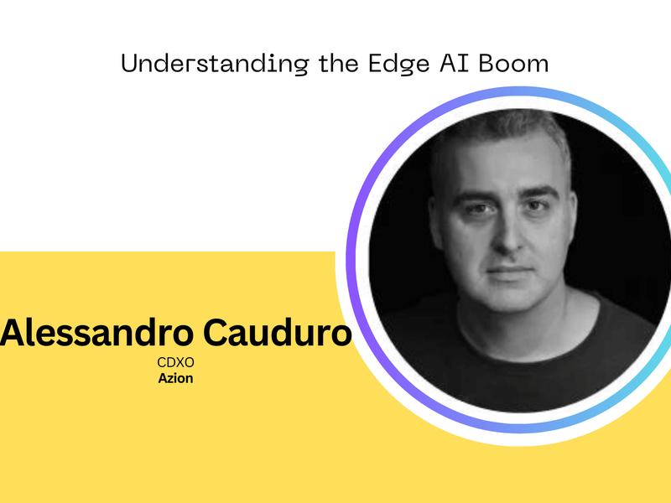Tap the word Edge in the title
(399, 64)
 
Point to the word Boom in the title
(513, 63)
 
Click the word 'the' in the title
(339, 63)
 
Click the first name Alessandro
(96, 333)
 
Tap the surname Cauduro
(278, 333)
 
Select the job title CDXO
(175, 362)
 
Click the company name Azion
(175, 379)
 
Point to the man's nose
(507, 235)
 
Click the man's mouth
(510, 271)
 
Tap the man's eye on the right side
(536, 205)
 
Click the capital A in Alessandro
(12, 332)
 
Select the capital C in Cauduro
(216, 332)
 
